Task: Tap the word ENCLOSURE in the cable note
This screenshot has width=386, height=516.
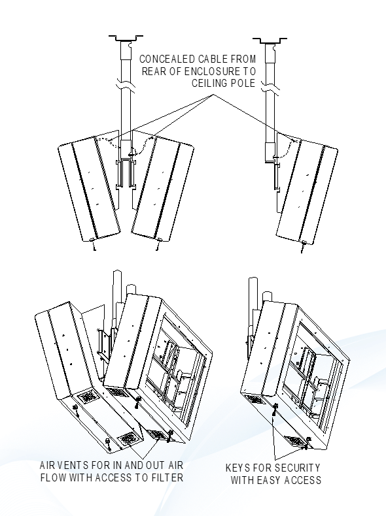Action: coord(206,71)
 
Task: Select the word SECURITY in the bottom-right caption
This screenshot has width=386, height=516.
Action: coord(294,468)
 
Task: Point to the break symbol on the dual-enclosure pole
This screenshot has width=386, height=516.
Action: coord(124,85)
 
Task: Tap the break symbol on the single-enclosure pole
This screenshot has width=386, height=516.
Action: coord(270,85)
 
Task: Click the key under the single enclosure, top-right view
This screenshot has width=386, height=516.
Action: coord(303,245)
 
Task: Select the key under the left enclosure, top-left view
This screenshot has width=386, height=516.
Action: coord(94,246)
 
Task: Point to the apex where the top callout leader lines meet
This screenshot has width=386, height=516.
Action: coord(213,95)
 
